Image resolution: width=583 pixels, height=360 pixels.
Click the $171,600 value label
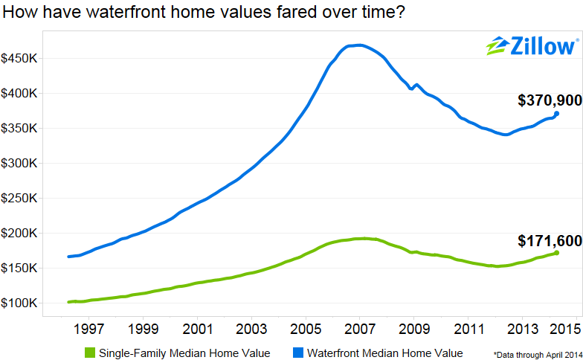click(549, 241)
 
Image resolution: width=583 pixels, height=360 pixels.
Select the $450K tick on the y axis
click(24, 59)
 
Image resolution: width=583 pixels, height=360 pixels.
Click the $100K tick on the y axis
click(24, 303)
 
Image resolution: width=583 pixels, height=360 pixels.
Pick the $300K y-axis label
click(24, 164)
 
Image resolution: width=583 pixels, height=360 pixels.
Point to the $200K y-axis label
click(24, 234)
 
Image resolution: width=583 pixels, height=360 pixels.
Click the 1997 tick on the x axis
click(89, 328)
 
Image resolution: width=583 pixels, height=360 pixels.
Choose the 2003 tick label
click(252, 328)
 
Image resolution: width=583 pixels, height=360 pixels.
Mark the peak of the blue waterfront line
click(359, 45)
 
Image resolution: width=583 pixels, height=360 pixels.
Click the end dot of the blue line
click(556, 114)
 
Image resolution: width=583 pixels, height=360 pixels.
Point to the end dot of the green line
click(556, 253)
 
